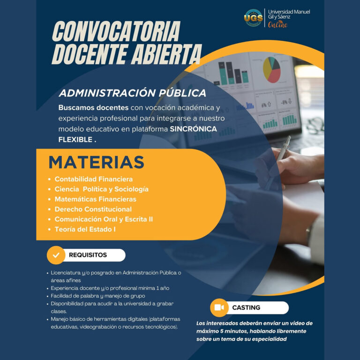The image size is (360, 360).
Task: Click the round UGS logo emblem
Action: point(254,18)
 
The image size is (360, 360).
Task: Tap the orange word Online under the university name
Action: point(277,24)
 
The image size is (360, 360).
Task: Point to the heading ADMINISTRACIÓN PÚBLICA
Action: point(133,93)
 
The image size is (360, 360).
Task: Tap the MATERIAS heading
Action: point(96,162)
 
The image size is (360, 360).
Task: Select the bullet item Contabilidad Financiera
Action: point(93,179)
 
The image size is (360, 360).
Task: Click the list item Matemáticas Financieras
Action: point(95,199)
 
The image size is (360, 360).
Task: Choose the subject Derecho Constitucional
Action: point(93,209)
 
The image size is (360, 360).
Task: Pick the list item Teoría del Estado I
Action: point(85,229)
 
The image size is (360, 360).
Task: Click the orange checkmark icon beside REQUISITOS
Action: point(56,255)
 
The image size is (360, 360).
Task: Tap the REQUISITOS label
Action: point(88,255)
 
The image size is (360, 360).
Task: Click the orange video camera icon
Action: point(219,307)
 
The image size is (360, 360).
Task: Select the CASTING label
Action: point(246,307)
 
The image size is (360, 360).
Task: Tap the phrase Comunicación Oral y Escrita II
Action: point(104,219)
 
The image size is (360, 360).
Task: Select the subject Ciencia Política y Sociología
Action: point(101,189)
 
